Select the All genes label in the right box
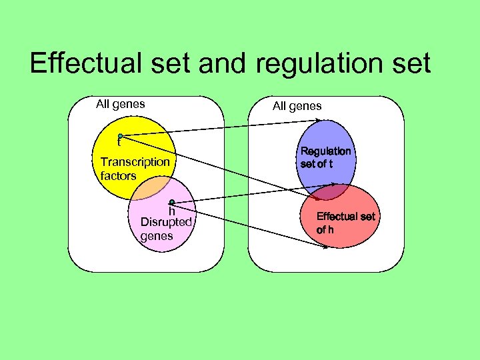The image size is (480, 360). tap(297, 105)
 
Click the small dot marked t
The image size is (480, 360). tap(120, 136)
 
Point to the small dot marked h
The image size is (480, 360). tap(171, 202)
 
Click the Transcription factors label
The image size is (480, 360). tap(135, 169)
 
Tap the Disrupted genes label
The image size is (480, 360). tap(166, 228)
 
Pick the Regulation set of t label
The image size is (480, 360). tap(325, 157)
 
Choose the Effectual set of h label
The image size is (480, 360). tap(345, 223)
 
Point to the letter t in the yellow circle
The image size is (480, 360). tap(119, 142)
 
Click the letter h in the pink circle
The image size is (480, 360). tap(171, 211)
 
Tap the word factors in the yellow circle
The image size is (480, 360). tap(118, 176)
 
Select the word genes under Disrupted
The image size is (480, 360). tap(157, 235)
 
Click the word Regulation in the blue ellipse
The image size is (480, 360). tap(325, 151)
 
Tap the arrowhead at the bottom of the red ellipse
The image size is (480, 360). tap(326, 247)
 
